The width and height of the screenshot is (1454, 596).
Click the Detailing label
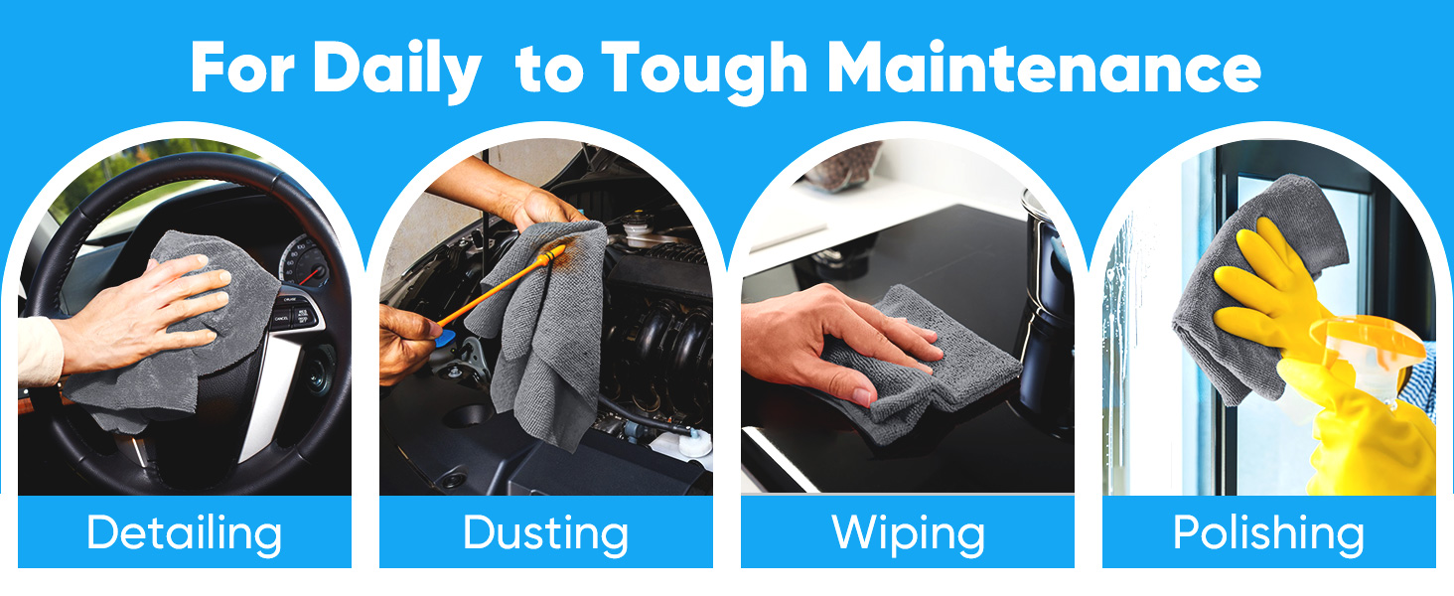pos(185,533)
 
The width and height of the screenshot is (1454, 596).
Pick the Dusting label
pos(545,533)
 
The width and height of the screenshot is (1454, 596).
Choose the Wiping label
pos(908,533)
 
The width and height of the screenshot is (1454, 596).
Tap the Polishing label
pos(1268,533)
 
